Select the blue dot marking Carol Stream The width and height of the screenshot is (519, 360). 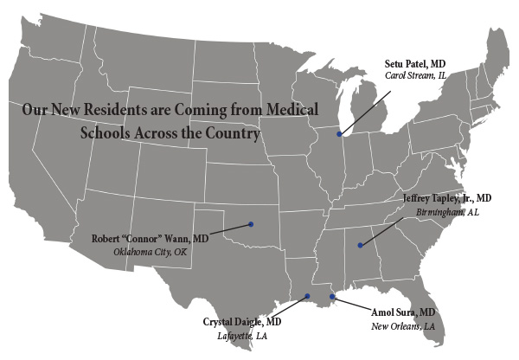[339, 135]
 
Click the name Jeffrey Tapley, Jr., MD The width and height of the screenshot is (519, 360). [447, 197]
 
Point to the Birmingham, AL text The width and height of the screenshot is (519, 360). [447, 211]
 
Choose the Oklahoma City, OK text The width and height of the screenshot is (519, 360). [150, 252]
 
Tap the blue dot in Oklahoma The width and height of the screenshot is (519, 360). [251, 224]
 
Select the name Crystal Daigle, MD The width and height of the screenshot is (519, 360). [242, 322]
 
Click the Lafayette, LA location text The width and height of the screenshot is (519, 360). [242, 336]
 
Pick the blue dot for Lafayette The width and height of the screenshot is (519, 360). [307, 297]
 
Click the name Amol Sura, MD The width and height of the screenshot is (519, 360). [403, 312]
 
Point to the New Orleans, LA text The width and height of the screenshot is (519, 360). [403, 326]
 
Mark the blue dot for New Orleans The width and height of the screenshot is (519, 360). [332, 297]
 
